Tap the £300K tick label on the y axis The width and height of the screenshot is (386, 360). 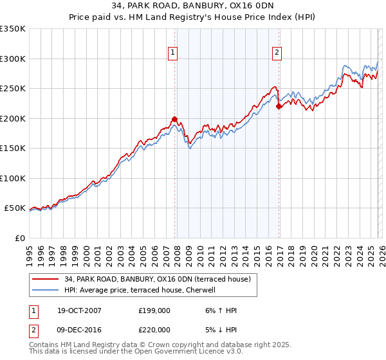point(12,59)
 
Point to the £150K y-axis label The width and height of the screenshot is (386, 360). point(12,148)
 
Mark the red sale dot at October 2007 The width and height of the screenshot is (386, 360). point(174,119)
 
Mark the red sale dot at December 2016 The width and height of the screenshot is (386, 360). point(279,107)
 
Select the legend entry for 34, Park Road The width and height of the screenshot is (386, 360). point(161,279)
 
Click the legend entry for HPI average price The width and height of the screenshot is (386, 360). point(139,290)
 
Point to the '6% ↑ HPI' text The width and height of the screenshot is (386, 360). point(219,310)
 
